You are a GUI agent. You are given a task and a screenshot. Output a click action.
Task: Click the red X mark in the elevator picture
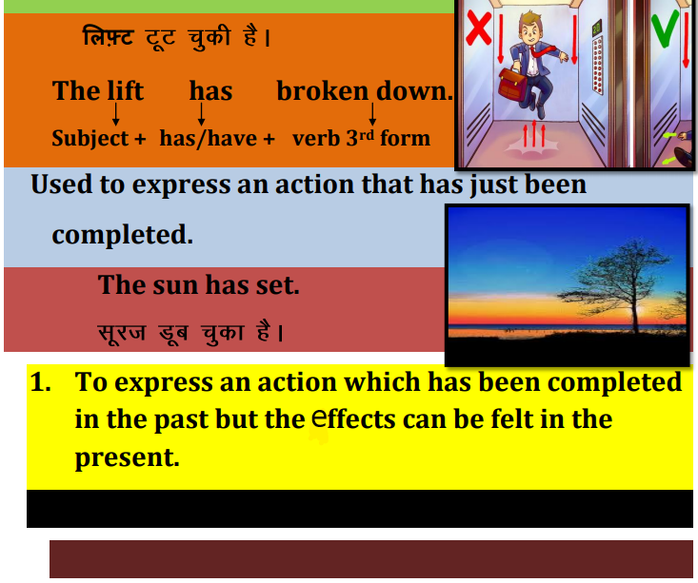479,29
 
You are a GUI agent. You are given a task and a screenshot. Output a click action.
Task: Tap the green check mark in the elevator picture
665,28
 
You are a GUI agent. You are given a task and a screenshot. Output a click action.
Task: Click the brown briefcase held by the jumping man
512,84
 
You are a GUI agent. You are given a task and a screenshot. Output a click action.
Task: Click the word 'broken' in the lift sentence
322,91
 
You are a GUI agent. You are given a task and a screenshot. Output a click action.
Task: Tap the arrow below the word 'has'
201,114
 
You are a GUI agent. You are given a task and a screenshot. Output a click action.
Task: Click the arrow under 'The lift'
116,114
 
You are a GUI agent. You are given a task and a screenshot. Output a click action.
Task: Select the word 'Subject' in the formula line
90,138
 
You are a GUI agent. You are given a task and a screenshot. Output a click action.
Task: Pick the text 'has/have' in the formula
209,138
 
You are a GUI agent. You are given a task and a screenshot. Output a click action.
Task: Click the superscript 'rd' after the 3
367,134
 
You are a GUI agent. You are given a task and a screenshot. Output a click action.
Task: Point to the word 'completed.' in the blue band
123,235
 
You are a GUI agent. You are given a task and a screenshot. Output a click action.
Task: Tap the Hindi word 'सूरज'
122,332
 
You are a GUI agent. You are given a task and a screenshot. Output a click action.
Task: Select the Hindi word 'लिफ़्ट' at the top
108,35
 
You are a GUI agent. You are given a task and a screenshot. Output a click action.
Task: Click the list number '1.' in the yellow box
41,382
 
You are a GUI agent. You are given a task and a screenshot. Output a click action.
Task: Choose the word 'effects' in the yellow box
353,418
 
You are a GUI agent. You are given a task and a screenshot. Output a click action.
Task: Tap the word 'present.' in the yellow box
128,458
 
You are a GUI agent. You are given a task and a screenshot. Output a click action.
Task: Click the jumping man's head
530,28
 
